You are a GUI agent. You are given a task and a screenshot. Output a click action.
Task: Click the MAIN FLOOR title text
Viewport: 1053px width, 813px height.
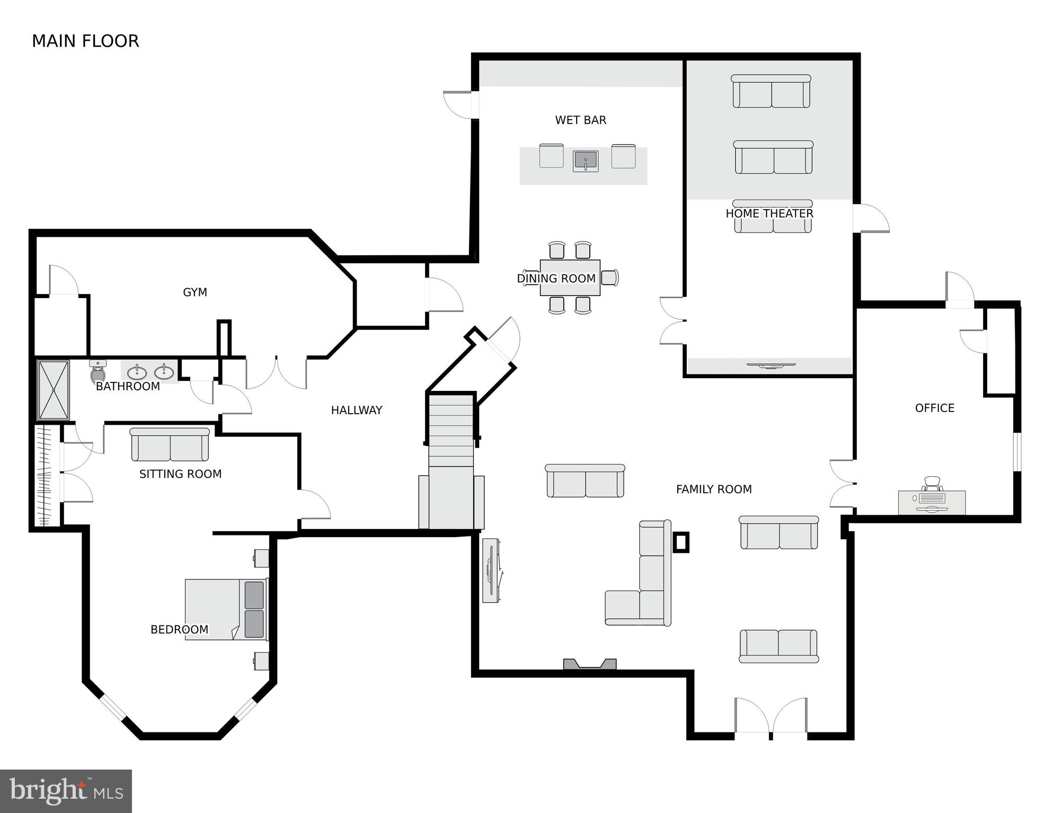[x=85, y=41]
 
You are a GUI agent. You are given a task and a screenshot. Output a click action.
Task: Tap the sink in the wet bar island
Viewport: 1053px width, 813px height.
[x=585, y=161]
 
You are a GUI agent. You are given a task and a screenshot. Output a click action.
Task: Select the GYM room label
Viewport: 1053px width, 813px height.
[x=194, y=292]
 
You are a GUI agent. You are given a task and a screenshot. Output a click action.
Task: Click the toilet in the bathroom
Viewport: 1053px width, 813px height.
[x=98, y=372]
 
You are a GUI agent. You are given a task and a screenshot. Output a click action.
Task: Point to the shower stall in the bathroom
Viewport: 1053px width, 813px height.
[x=53, y=390]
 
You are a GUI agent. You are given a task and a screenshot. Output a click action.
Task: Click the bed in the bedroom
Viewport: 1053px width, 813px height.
[x=225, y=609]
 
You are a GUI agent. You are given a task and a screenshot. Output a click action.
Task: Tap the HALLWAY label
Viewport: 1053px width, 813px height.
[x=356, y=410]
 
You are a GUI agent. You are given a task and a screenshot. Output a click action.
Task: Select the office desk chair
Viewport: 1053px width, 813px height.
[x=932, y=484]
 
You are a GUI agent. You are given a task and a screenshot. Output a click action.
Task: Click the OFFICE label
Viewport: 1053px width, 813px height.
[x=934, y=408]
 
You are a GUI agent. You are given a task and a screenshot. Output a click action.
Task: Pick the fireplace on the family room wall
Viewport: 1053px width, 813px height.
[x=589, y=664]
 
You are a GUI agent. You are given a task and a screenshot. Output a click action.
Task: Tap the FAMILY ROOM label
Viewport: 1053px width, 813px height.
[x=713, y=489]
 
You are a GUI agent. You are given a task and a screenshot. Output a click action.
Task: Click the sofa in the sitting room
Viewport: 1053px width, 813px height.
[x=170, y=445]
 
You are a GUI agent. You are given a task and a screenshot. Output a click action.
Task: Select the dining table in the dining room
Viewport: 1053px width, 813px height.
[x=570, y=278]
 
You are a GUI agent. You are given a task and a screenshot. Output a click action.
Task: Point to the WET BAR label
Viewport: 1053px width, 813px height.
[x=580, y=120]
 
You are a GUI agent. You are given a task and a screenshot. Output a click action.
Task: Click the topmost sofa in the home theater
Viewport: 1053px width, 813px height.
[x=771, y=92]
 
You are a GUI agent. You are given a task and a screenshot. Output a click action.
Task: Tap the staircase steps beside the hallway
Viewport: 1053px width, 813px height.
[x=450, y=429]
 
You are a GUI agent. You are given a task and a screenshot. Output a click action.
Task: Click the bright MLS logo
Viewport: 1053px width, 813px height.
[x=66, y=791]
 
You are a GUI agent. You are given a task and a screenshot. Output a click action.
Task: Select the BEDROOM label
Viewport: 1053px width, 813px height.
[x=179, y=629]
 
